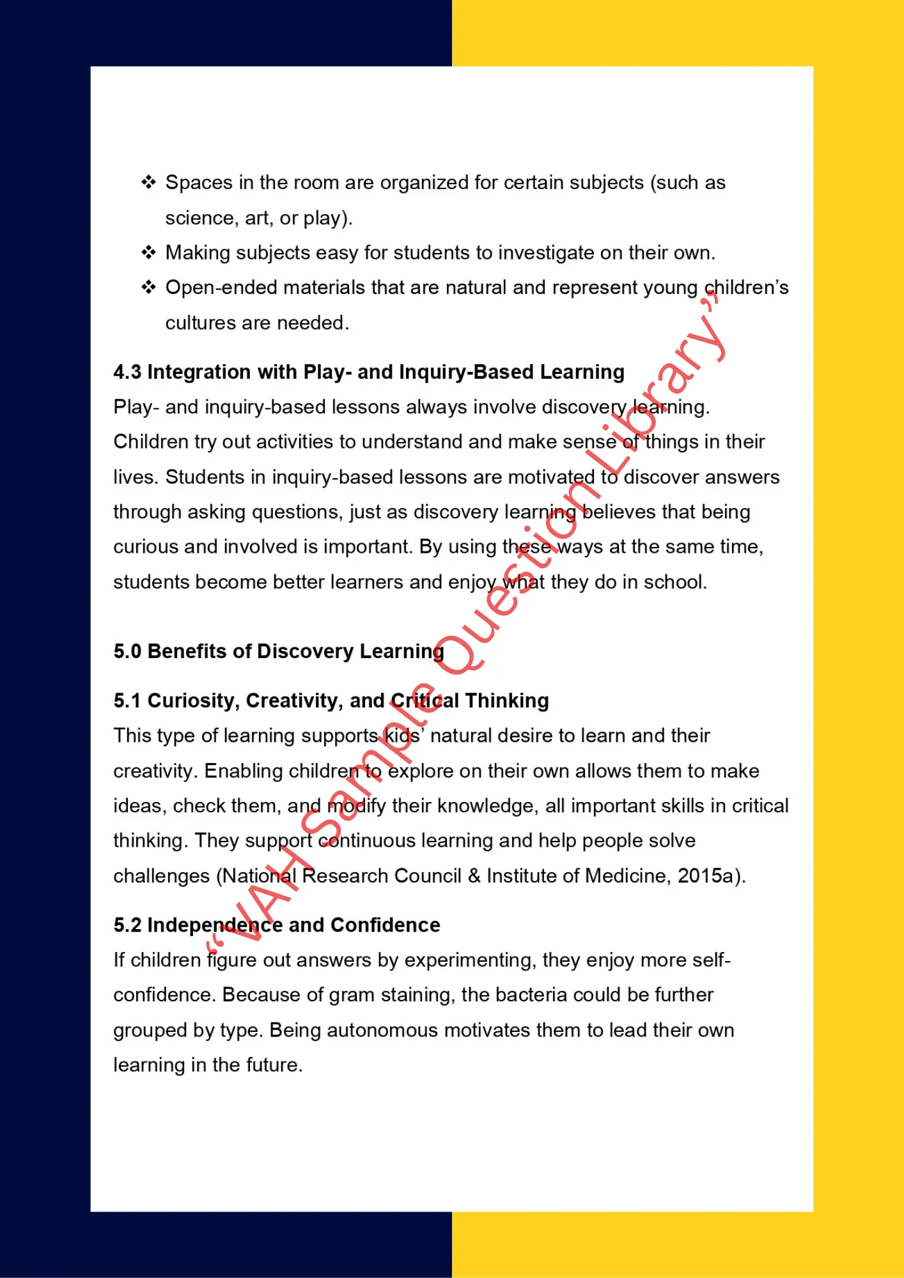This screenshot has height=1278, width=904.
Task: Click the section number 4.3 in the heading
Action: (x=127, y=372)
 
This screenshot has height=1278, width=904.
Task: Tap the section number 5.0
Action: (x=127, y=651)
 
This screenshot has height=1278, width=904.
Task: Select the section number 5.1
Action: (x=127, y=701)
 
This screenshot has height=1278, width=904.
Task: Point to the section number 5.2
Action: (x=127, y=925)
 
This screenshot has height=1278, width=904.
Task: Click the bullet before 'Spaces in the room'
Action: (x=148, y=183)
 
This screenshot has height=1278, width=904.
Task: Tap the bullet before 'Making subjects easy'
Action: (x=148, y=252)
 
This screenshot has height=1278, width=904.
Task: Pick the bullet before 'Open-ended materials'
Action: (x=148, y=288)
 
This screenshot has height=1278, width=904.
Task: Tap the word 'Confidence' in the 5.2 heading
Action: (x=385, y=925)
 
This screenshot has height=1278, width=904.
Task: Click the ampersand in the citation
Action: (x=474, y=875)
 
